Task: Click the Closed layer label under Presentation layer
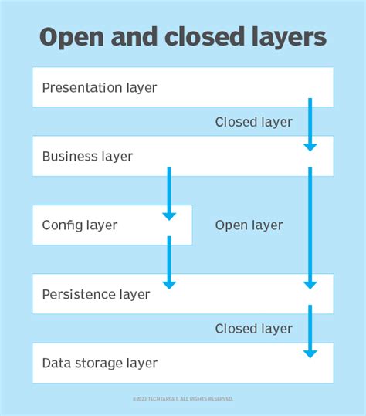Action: pos(253,122)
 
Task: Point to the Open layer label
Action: pos(249,225)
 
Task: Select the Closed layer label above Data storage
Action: pos(253,329)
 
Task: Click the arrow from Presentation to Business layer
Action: pos(310,123)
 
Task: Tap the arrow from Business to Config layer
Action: pos(169,193)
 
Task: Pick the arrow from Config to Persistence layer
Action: pos(169,262)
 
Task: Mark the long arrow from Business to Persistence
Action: pos(310,228)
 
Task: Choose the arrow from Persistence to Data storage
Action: pos(310,331)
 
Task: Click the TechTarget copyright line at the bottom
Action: pos(182,399)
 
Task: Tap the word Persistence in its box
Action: pos(78,294)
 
